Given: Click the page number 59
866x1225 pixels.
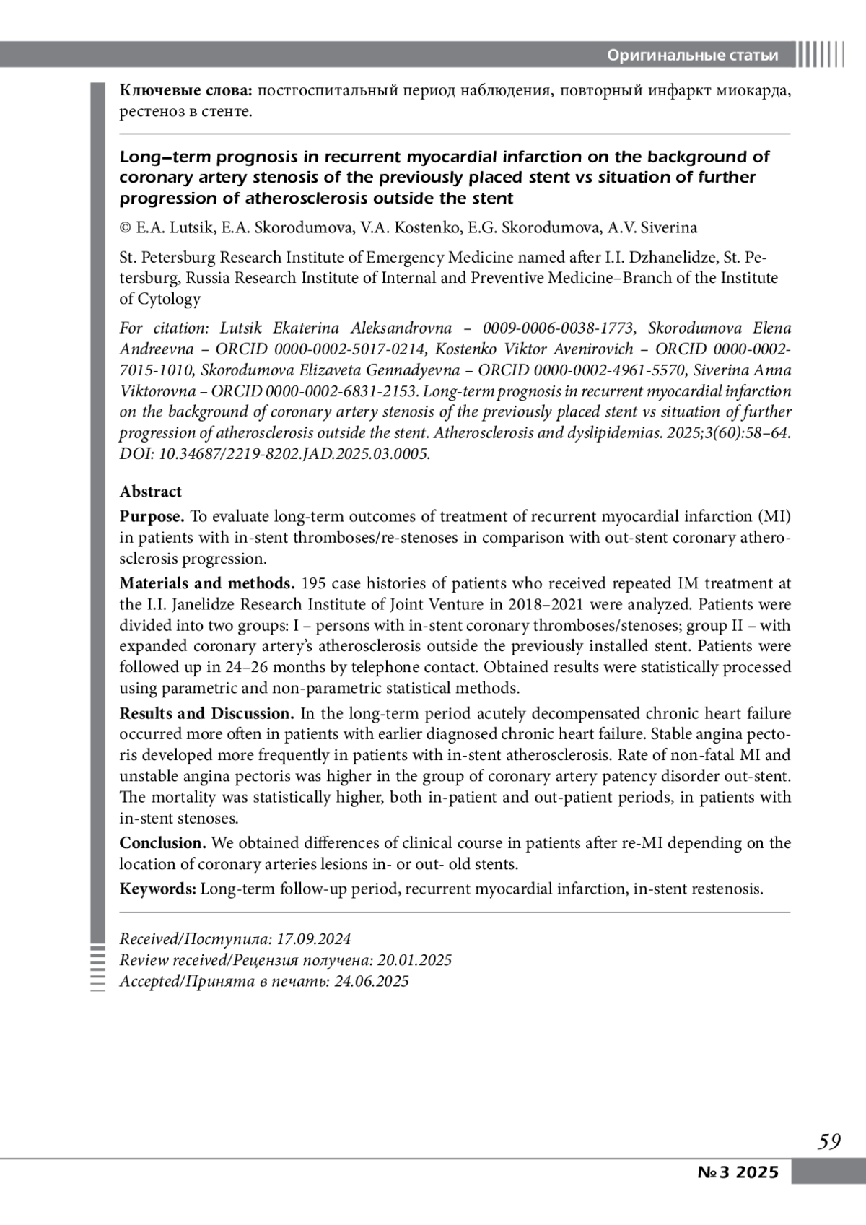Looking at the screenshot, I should pos(829,1141).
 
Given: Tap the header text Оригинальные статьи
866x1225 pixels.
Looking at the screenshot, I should pos(692,56).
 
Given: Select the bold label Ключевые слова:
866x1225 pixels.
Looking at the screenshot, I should pos(185,91).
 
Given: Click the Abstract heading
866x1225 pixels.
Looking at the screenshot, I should pos(150,492).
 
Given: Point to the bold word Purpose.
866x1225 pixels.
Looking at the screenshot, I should pos(152,517).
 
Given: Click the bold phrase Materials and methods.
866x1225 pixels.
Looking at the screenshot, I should pos(206,583).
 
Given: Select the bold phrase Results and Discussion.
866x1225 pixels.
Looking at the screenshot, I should pos(206,714).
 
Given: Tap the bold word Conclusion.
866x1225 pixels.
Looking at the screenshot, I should pos(162,843).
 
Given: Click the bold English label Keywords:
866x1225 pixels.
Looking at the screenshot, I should pos(157,889).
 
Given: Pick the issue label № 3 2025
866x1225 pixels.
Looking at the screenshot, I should pos(738,1172).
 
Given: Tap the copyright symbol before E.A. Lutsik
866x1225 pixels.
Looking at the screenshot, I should pos(126,228).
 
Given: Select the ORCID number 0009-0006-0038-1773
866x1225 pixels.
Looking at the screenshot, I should pos(559,328).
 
